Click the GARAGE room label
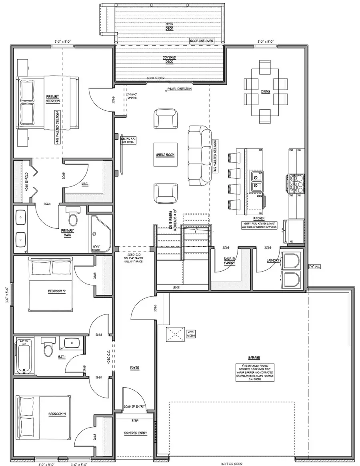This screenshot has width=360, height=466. tap(254, 357)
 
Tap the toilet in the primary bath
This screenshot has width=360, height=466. tap(73, 218)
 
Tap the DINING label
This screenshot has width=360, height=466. tap(266, 92)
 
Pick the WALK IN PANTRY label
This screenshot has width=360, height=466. tap(229, 261)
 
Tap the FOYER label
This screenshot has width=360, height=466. tap(134, 367)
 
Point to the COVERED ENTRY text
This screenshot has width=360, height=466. tap(134, 433)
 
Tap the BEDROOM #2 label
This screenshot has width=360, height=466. tap(55, 291)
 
